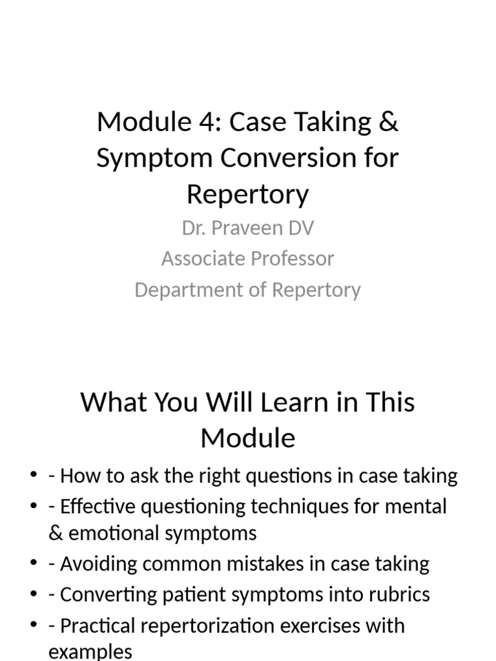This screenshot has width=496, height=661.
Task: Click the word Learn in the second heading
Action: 294,402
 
